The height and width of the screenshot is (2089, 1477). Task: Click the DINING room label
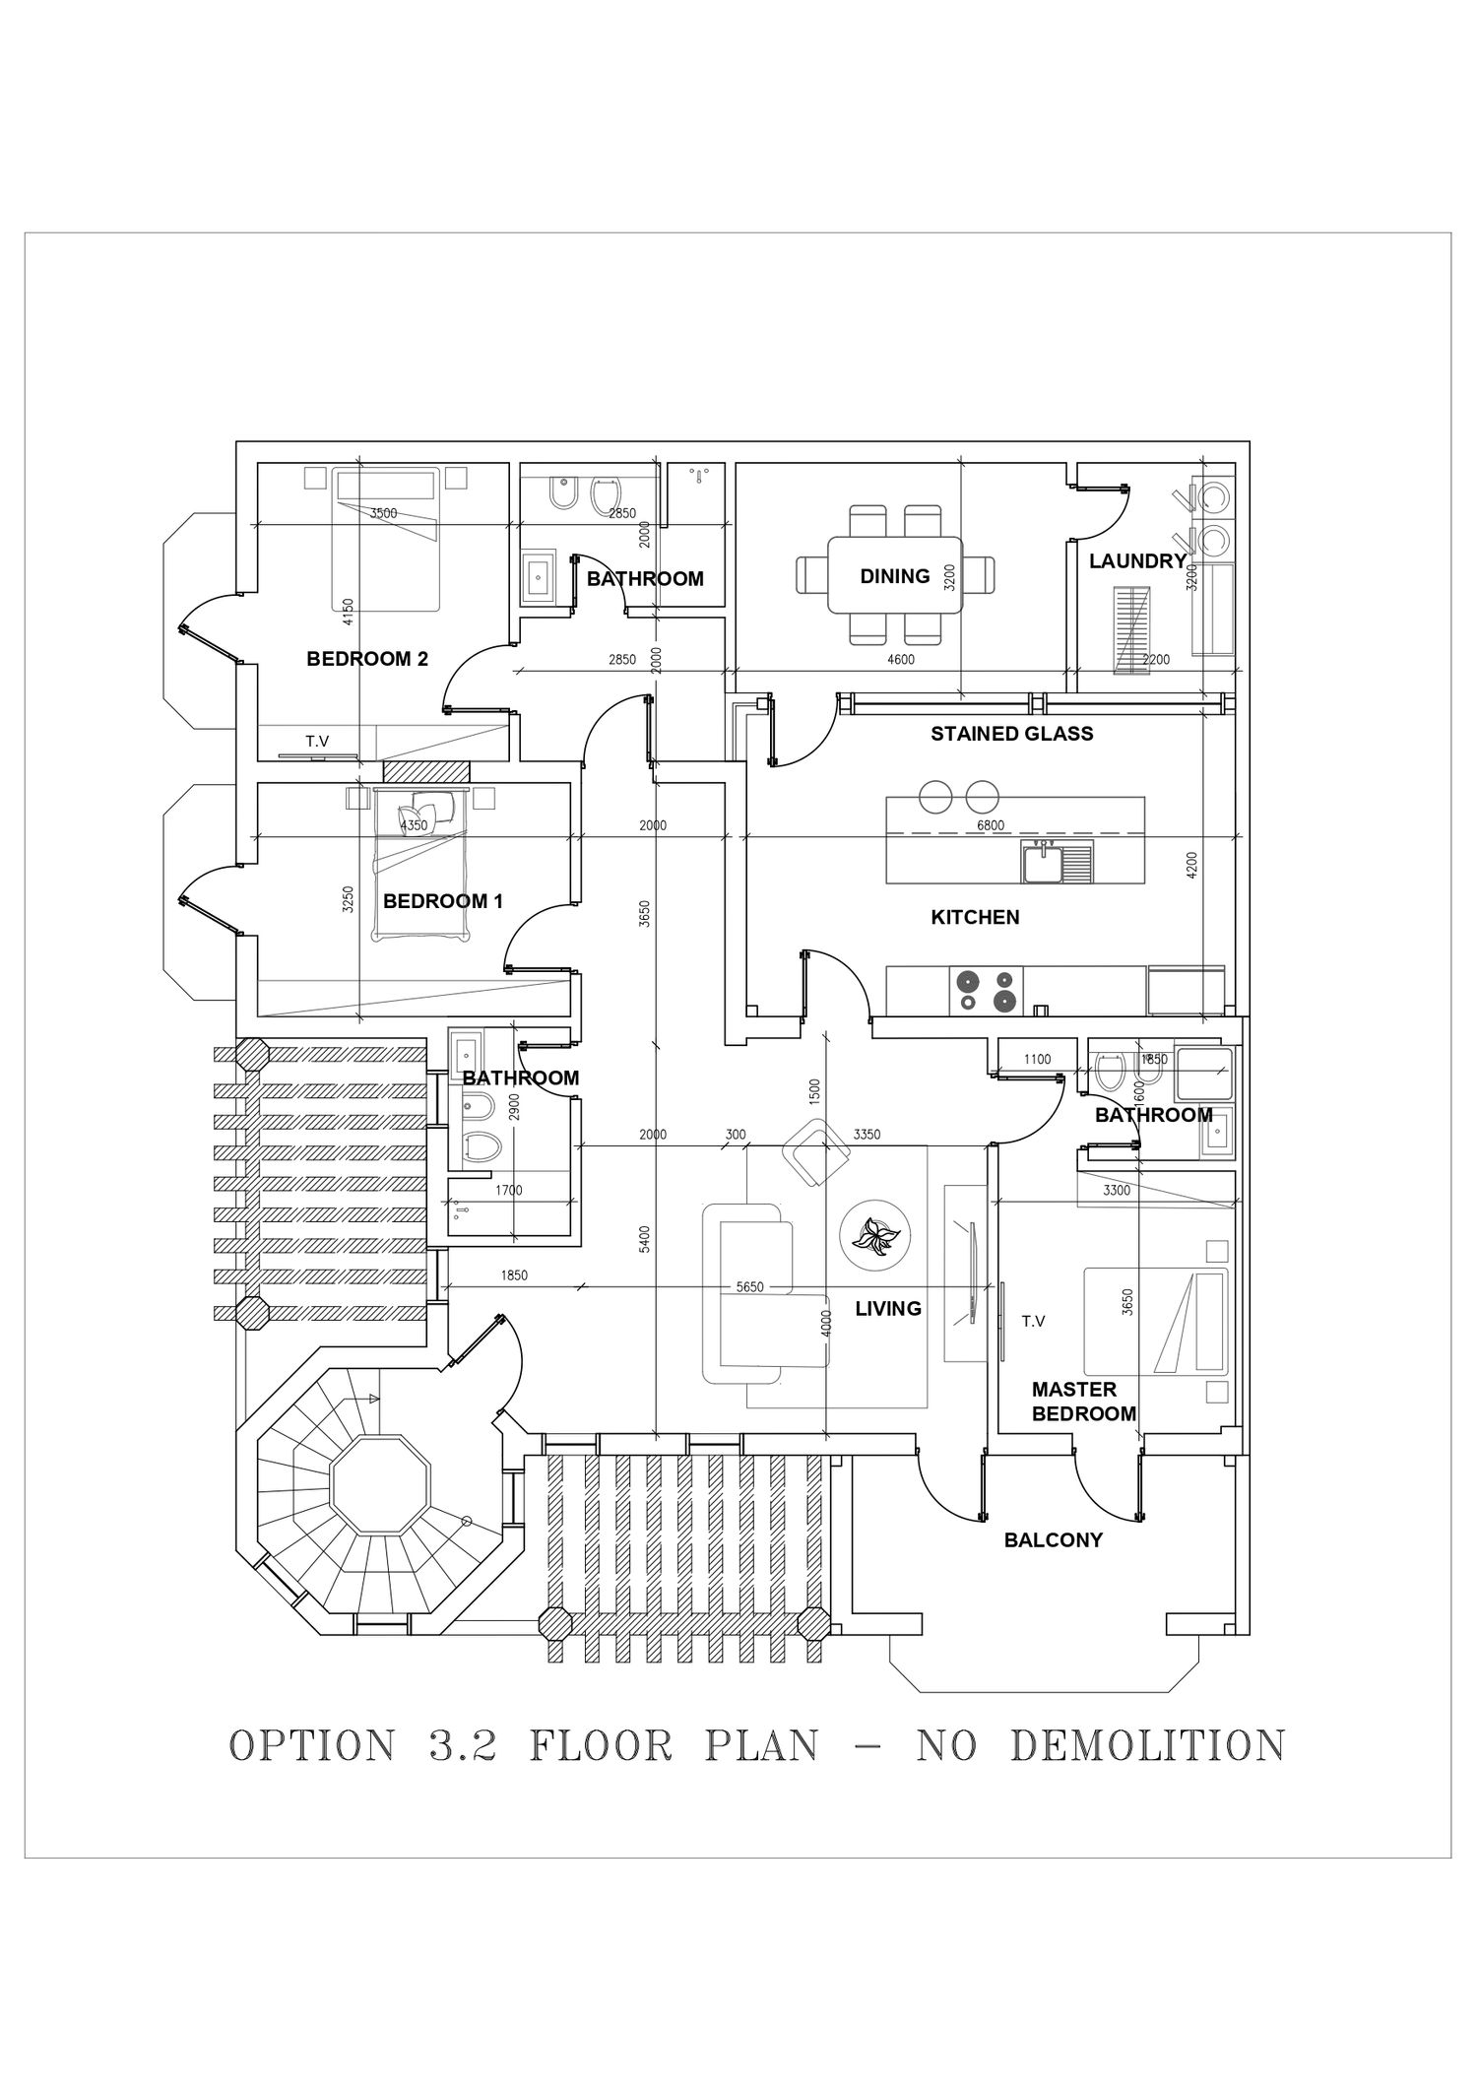[x=894, y=576]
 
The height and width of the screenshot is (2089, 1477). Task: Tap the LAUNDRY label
[x=1137, y=561]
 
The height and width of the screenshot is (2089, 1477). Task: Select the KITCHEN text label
[x=975, y=917]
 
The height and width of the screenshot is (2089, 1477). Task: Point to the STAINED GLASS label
[x=1011, y=734]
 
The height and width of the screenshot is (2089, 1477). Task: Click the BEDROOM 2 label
[x=367, y=659]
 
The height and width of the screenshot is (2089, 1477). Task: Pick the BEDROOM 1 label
[x=442, y=901]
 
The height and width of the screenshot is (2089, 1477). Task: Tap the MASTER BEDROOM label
[x=1083, y=1402]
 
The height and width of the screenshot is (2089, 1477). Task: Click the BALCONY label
[x=1053, y=1540]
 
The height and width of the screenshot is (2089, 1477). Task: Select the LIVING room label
[x=888, y=1309]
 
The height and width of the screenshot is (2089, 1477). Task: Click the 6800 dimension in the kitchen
[x=991, y=825]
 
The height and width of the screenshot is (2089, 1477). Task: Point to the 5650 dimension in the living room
[x=750, y=1287]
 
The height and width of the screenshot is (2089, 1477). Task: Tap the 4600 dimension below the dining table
[x=900, y=660]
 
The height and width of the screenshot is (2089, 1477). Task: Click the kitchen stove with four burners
[x=986, y=990]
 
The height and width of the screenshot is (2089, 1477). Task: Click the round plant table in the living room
[x=874, y=1235]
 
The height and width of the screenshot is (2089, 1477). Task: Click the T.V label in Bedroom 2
[x=317, y=742]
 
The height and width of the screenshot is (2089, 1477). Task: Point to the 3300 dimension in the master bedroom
[x=1117, y=1191]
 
